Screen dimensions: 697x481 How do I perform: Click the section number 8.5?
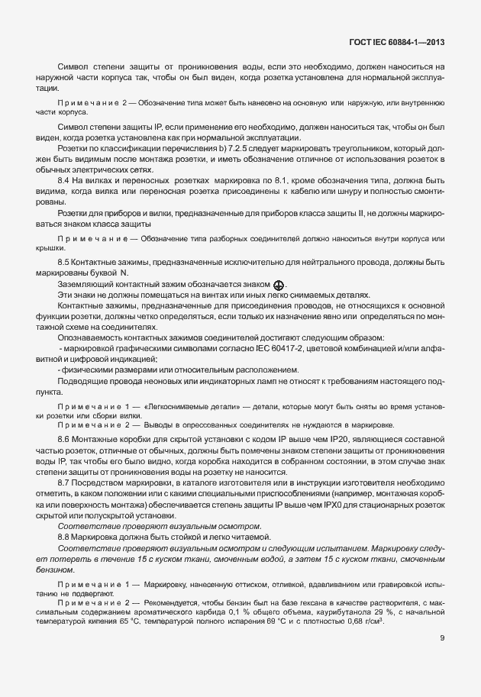(64, 262)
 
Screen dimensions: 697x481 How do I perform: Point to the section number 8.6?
(64, 440)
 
